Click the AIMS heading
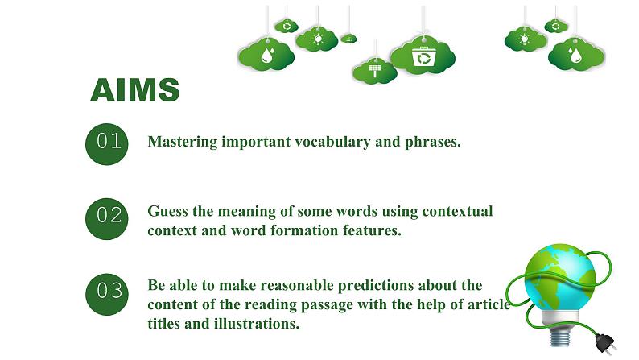pos(135,89)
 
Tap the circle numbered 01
pos(107,144)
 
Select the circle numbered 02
pos(107,219)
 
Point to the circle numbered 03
pos(107,294)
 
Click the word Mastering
pos(183,142)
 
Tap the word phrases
pos(433,143)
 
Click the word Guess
pos(168,211)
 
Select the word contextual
pos(457,211)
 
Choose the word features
pos(372,230)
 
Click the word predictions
pos(376,285)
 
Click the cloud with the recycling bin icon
pos(423,56)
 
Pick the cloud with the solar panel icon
pos(374,71)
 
